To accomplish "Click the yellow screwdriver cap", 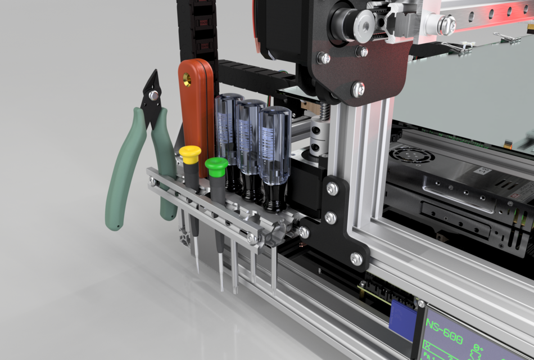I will (x=190, y=154).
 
